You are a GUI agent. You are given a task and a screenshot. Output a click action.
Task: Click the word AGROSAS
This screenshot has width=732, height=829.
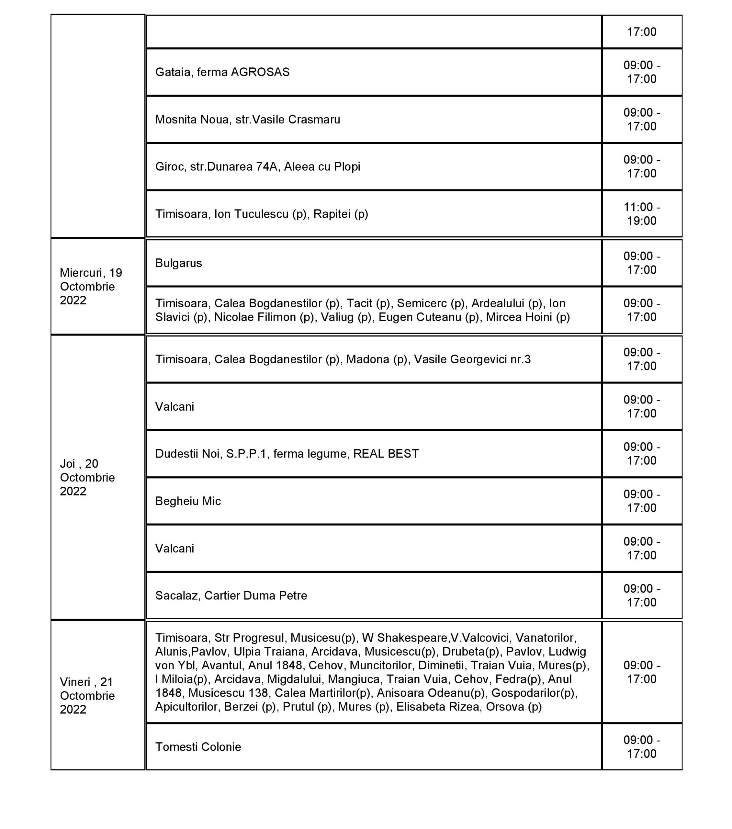pos(260,72)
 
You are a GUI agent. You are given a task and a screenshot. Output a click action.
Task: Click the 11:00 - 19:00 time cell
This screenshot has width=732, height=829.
pos(642,214)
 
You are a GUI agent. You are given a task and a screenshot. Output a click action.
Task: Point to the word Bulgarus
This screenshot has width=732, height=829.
pos(178,263)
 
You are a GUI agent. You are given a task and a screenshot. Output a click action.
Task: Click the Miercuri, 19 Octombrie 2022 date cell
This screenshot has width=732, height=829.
pos(97,286)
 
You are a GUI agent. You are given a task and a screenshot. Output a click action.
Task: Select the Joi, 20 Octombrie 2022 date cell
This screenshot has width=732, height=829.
pos(97,477)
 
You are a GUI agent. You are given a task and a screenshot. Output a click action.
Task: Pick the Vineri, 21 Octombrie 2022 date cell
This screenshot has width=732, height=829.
pos(97,696)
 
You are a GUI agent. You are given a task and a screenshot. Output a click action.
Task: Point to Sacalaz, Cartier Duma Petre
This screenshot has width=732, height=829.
pos(231,596)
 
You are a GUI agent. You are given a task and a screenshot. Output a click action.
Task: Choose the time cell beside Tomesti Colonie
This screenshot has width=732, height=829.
pos(642,747)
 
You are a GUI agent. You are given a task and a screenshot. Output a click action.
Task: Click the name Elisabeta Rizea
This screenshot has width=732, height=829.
pos(438,707)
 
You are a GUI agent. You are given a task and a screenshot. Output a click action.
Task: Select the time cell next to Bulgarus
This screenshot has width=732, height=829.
pos(642,263)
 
